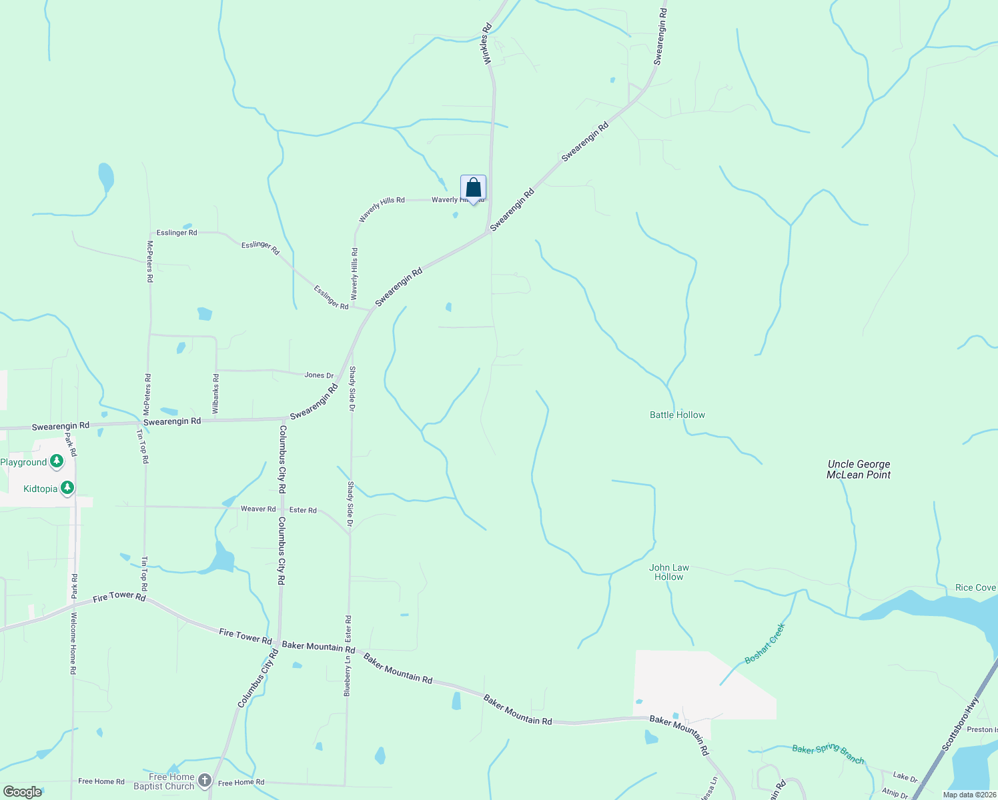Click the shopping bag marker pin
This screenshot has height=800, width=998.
pyautogui.click(x=473, y=189)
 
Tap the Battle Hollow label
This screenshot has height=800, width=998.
pyautogui.click(x=677, y=415)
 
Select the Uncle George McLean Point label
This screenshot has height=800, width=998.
pyautogui.click(x=859, y=469)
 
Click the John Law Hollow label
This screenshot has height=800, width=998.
pyautogui.click(x=669, y=572)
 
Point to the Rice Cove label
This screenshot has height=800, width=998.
pyautogui.click(x=975, y=587)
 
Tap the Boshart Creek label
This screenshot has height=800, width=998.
pyautogui.click(x=765, y=643)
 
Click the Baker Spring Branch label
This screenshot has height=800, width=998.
pyautogui.click(x=828, y=753)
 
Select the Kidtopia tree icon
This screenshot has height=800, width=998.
pyautogui.click(x=67, y=489)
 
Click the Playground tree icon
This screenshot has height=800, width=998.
pyautogui.click(x=57, y=461)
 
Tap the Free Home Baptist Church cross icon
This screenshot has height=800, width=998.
pyautogui.click(x=205, y=781)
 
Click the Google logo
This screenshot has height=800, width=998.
pyautogui.click(x=23, y=791)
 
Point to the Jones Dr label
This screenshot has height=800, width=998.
pyautogui.click(x=319, y=375)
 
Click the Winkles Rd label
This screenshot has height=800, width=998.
pyautogui.click(x=487, y=44)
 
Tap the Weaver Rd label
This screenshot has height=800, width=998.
pyautogui.click(x=258, y=509)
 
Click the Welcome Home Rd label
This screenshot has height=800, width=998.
pyautogui.click(x=73, y=644)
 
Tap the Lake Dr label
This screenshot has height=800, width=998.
pyautogui.click(x=905, y=777)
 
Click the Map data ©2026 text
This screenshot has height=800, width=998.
pyautogui.click(x=969, y=795)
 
